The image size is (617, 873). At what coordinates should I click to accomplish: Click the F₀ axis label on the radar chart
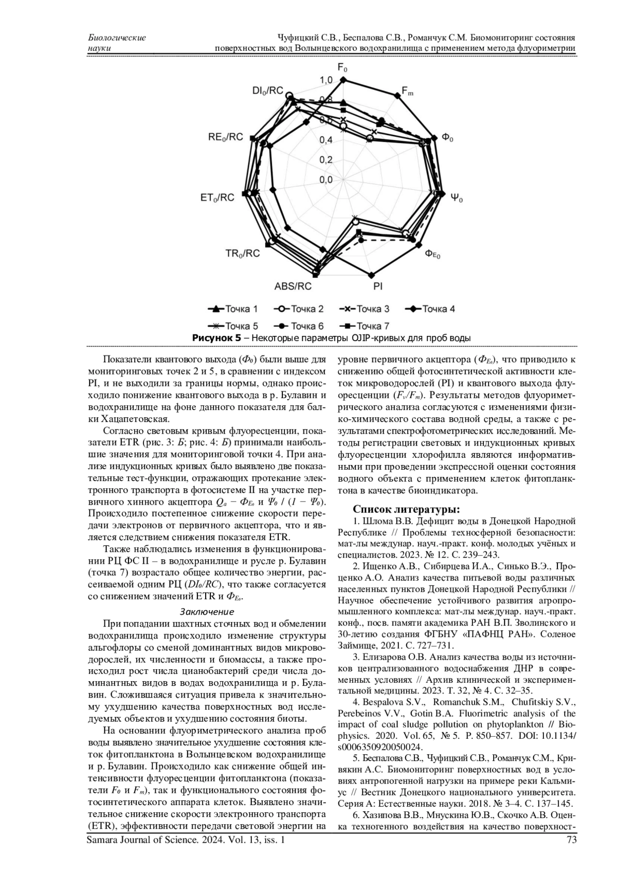pos(342,67)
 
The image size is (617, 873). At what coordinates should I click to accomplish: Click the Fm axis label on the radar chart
pos(407,92)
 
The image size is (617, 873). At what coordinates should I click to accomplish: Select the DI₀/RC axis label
pos(267,91)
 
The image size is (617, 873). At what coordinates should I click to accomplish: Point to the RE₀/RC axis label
pos(225,137)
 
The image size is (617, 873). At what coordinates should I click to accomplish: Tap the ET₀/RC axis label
pos(217,197)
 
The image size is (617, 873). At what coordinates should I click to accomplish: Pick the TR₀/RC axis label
pos(242,253)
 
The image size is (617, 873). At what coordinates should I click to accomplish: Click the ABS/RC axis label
pos(293,286)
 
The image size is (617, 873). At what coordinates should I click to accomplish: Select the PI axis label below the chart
pos(377,286)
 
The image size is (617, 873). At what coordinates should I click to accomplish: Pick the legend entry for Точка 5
pos(233,326)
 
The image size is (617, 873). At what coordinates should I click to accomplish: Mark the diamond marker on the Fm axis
pos(397,95)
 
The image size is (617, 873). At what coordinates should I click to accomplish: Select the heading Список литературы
pos(406,509)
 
